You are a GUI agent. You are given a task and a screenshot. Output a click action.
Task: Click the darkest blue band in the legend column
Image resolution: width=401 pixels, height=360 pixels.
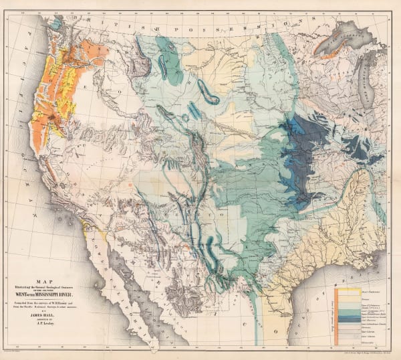coord(348,312)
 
